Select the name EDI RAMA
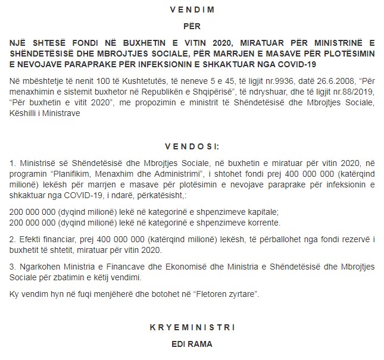pyautogui.click(x=192, y=344)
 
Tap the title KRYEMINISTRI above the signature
pyautogui.click(x=192, y=327)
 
